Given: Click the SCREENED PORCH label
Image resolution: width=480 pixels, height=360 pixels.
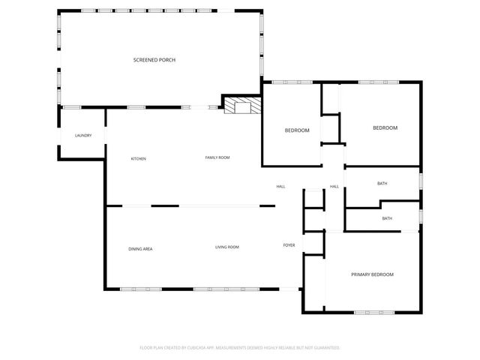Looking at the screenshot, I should pos(154,60).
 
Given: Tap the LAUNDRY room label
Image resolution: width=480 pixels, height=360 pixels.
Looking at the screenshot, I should pos(83,136).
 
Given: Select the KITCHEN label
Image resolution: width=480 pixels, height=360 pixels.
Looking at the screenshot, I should pos(139,159).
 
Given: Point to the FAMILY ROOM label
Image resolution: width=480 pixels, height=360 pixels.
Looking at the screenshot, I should pos(217,157).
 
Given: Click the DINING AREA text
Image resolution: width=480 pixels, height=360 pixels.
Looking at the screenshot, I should pos(140,248).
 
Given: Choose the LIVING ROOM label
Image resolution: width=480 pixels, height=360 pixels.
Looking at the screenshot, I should pos(227,247).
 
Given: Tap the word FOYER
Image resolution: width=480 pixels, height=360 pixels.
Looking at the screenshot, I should pos(289,245).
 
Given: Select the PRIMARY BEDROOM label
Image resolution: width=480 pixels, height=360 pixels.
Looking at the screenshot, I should pos(372,274).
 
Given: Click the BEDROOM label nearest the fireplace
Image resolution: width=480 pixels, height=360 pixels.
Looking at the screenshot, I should pos(297,130).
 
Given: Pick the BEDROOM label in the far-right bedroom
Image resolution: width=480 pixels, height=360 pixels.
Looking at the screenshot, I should pos(385,128).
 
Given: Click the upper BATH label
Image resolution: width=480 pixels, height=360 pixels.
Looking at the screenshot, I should pos(382,184).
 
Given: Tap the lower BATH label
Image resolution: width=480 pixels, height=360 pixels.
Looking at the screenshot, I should pos(387,219).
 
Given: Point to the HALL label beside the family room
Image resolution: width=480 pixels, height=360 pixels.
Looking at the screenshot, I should pos(280,187).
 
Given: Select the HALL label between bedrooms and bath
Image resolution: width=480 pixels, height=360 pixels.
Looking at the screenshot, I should pos(334,187).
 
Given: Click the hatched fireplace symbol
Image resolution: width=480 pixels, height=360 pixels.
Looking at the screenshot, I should pos(241,106).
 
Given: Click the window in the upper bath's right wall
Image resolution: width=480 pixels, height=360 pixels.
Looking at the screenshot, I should pos(421,181).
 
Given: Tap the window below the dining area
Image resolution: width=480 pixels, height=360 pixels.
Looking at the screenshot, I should pos(136,289).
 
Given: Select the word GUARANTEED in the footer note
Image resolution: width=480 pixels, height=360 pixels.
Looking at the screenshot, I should pos(325,348).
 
